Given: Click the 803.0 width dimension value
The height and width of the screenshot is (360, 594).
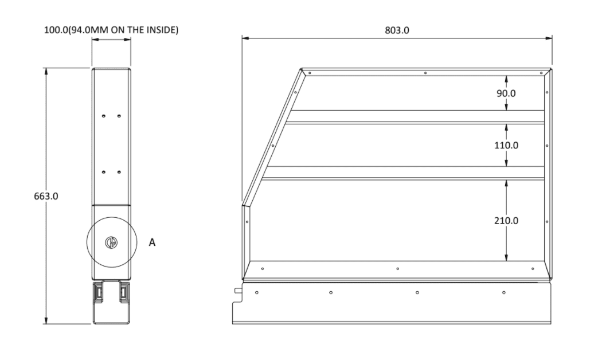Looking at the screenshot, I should pos(397,30).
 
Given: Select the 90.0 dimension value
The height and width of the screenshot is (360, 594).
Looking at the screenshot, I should pos(506,93).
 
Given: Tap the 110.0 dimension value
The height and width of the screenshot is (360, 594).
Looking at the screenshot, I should pos(506,145).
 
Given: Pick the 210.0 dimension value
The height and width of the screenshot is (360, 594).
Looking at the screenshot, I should pos(506,220).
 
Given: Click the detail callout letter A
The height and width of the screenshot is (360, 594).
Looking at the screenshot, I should pos(152,242).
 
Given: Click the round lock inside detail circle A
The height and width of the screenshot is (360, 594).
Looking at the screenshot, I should pos(111,242).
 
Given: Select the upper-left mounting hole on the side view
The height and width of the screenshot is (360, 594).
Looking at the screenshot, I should pos(104,116).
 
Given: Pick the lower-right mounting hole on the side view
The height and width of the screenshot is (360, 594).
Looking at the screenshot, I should pos(119,171).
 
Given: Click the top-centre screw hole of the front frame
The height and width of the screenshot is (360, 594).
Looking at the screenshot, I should pos(425,73).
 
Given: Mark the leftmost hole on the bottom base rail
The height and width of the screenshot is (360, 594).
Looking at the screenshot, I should pos(256,292).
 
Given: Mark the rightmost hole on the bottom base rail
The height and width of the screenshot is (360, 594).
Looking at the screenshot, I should pos(503,292).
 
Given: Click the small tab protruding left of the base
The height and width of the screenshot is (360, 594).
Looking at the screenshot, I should pos(236,290).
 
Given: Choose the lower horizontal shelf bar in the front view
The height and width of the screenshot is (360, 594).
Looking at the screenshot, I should pos(404,173).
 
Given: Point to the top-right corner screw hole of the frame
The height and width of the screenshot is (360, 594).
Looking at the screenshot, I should pos(541,73).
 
